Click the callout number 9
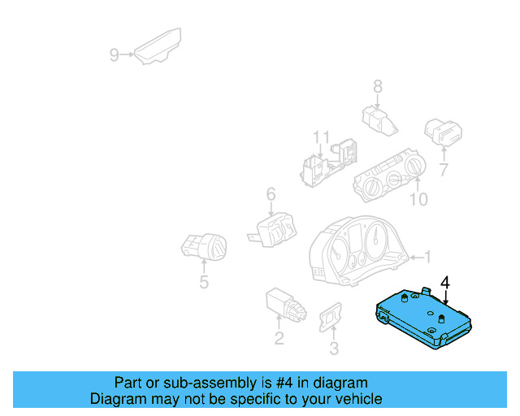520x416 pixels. click(115, 55)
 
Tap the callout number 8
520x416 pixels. click(378, 86)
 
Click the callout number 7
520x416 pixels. click(444, 170)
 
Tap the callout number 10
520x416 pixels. click(418, 199)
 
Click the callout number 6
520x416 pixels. click(271, 193)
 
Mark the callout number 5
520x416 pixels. click(204, 282)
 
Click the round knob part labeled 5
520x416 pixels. click(204, 245)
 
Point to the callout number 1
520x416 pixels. click(429, 258)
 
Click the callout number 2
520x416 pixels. click(279, 339)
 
